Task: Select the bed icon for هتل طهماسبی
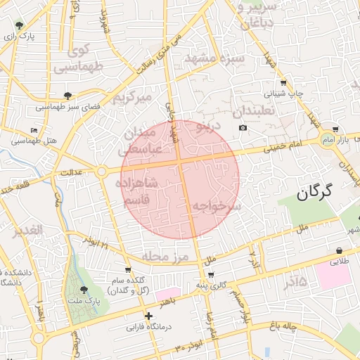(x=34, y=131)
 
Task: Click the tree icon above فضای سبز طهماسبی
(x=67, y=96)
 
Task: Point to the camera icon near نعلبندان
(x=243, y=127)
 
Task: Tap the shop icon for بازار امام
(x=335, y=129)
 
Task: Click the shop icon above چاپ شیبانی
(x=283, y=82)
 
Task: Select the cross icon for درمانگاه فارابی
(x=148, y=316)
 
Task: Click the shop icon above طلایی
(x=340, y=250)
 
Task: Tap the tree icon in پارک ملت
(x=84, y=290)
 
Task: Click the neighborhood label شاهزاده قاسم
(x=139, y=191)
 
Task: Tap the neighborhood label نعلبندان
(x=257, y=111)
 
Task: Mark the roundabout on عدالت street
(x=101, y=171)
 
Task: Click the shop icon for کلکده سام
(x=127, y=269)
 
